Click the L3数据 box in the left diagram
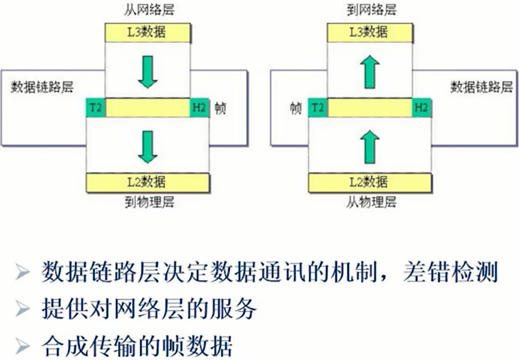pos(148,31)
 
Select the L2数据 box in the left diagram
pos(148,182)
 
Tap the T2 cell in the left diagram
pos(96,108)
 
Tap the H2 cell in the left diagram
pos(199,108)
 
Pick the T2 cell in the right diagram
pos(319,108)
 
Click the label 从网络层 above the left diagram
pos(147,10)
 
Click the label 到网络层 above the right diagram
pos(371,10)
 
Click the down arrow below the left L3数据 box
pos(148,71)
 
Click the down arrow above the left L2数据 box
pos(148,146)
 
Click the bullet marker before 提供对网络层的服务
pos(23,309)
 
